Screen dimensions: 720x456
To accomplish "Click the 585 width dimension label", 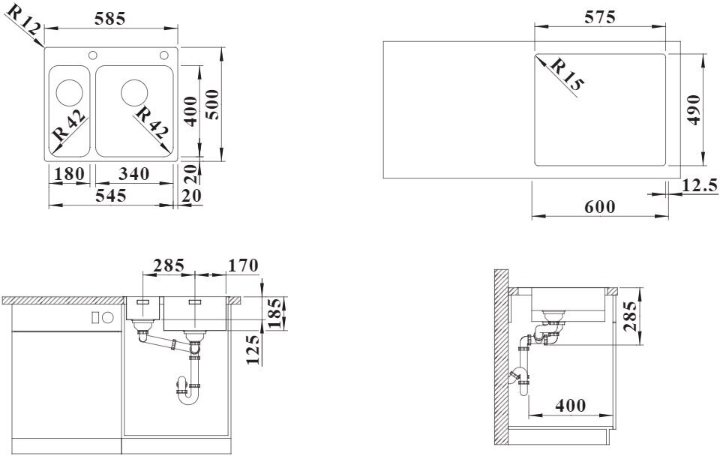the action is click(109, 19).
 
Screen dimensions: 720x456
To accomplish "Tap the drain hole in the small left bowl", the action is click(69, 91).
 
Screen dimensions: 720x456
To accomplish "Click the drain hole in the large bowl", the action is click(134, 91).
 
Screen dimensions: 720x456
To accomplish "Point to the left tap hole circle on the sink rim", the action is click(93, 55).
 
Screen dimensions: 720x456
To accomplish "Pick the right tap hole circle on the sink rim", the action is click(164, 55).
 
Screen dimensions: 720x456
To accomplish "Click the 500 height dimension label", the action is click(212, 105).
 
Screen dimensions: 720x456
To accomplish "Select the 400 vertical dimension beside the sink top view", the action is click(190, 111).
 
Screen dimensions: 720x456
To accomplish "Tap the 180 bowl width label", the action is click(69, 174).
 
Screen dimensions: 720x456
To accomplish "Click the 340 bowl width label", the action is click(134, 174).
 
